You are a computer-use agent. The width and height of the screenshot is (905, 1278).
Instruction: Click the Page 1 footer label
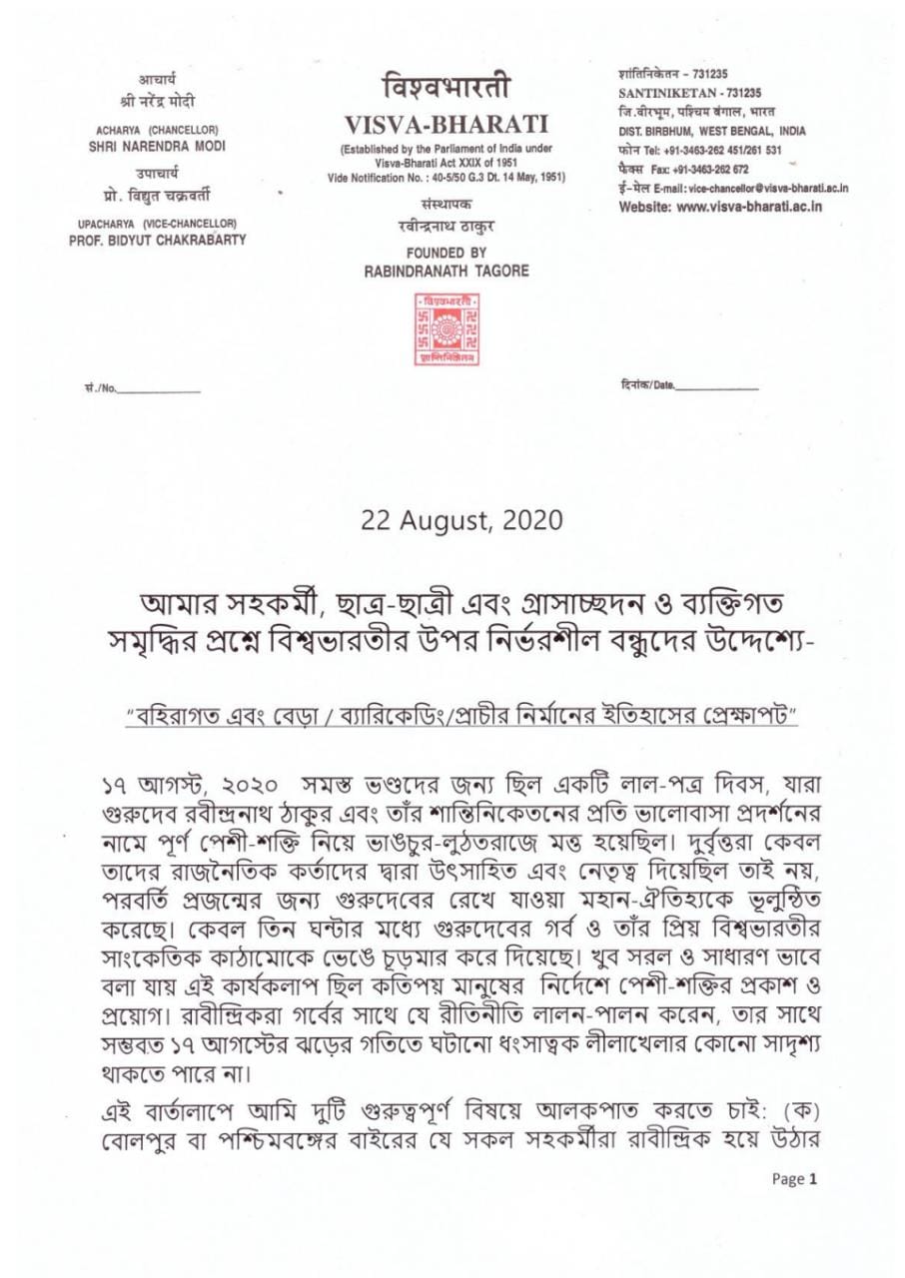[795, 1178]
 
